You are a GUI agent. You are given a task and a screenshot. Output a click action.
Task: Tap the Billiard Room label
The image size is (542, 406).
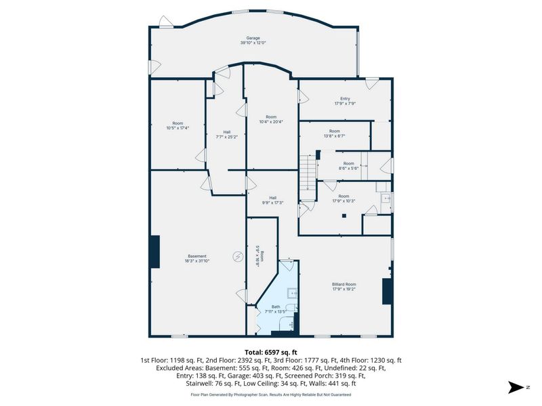(x=344, y=284)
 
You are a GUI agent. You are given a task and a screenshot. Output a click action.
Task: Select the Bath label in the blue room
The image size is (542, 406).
(x=275, y=307)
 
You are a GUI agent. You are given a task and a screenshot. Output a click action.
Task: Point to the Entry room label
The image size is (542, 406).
(x=346, y=99)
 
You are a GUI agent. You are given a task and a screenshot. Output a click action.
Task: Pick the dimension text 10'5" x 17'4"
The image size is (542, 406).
(x=178, y=128)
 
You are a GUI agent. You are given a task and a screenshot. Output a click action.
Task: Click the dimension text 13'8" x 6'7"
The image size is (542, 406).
(x=335, y=136)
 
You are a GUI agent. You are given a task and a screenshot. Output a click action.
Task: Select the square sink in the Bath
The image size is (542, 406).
(x=292, y=293)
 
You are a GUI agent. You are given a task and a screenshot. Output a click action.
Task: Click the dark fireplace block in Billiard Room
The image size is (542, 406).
(x=388, y=292)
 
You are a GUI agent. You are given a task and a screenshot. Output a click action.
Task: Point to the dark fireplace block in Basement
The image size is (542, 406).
(x=155, y=252)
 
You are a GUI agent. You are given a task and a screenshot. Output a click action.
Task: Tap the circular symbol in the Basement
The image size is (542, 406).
(x=238, y=256)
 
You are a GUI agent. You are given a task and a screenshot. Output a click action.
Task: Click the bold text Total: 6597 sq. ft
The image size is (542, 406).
(x=270, y=353)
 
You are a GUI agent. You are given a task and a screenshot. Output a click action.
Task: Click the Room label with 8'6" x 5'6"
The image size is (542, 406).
(x=348, y=163)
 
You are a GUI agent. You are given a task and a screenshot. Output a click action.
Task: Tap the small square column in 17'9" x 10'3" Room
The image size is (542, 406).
(x=345, y=216)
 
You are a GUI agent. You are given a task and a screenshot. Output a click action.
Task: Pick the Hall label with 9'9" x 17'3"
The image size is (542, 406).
(x=272, y=198)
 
